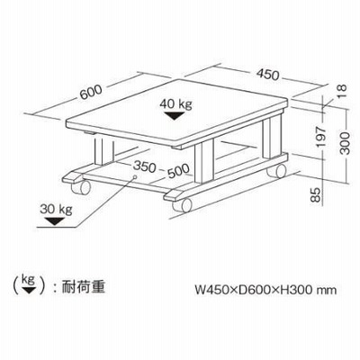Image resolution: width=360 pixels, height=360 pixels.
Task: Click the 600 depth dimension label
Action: [x=91, y=92]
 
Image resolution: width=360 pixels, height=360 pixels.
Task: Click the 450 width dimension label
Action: [x=267, y=75]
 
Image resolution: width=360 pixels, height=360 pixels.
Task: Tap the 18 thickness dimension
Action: [x=341, y=91]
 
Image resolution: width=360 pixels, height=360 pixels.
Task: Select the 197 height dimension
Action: [x=321, y=137]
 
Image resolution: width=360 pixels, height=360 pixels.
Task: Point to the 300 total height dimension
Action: [x=346, y=143]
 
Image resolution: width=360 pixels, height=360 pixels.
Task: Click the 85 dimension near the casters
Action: [x=316, y=194]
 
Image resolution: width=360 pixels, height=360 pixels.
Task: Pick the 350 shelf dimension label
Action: [x=145, y=166]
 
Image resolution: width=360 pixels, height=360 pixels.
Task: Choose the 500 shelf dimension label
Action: [x=179, y=171]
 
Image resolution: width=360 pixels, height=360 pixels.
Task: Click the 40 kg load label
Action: [x=175, y=104]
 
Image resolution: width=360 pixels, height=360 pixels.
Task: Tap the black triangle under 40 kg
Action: [x=175, y=116]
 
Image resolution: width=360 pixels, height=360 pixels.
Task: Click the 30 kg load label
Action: [x=56, y=209]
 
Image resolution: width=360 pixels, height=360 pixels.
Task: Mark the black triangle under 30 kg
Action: [x=54, y=221]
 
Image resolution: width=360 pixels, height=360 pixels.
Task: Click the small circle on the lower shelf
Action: [x=135, y=176]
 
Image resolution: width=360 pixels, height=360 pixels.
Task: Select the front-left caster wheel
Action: [x=81, y=187]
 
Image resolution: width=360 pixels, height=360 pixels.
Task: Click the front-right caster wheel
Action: [x=182, y=205]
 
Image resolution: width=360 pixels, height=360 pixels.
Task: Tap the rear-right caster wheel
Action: [x=277, y=171]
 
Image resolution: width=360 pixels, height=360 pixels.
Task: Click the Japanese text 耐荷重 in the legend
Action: [x=84, y=287]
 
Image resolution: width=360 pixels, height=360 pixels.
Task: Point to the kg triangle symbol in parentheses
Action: [x=29, y=291]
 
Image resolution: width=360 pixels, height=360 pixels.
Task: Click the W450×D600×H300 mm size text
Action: [x=265, y=290]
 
